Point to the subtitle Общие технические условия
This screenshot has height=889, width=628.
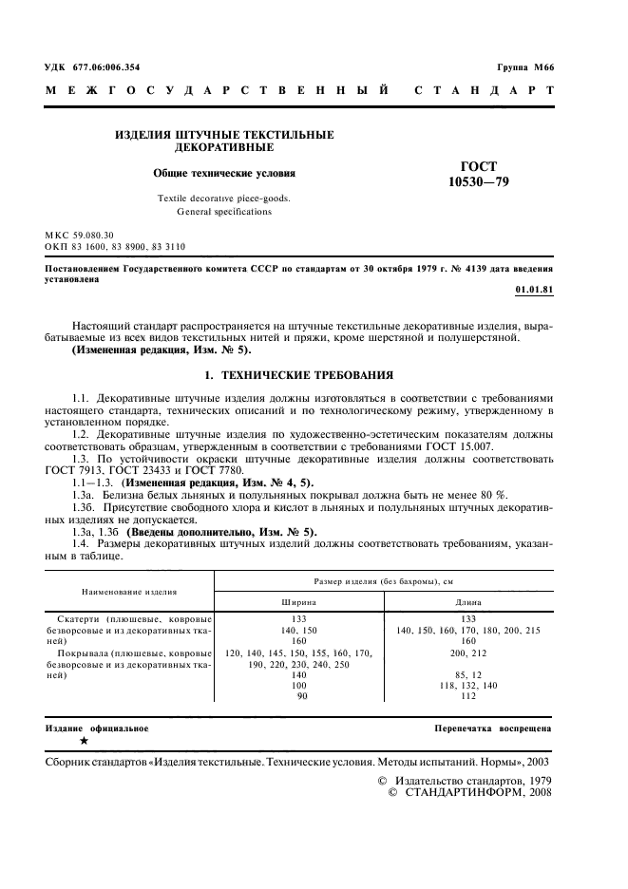coord(224,174)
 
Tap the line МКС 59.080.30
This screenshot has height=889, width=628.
coord(79,234)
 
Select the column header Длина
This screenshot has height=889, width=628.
coord(467,602)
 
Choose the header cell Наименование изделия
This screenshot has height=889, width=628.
coord(129,591)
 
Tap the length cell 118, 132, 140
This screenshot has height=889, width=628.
coord(467,685)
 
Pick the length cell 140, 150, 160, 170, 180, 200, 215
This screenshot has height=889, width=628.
coord(467,631)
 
